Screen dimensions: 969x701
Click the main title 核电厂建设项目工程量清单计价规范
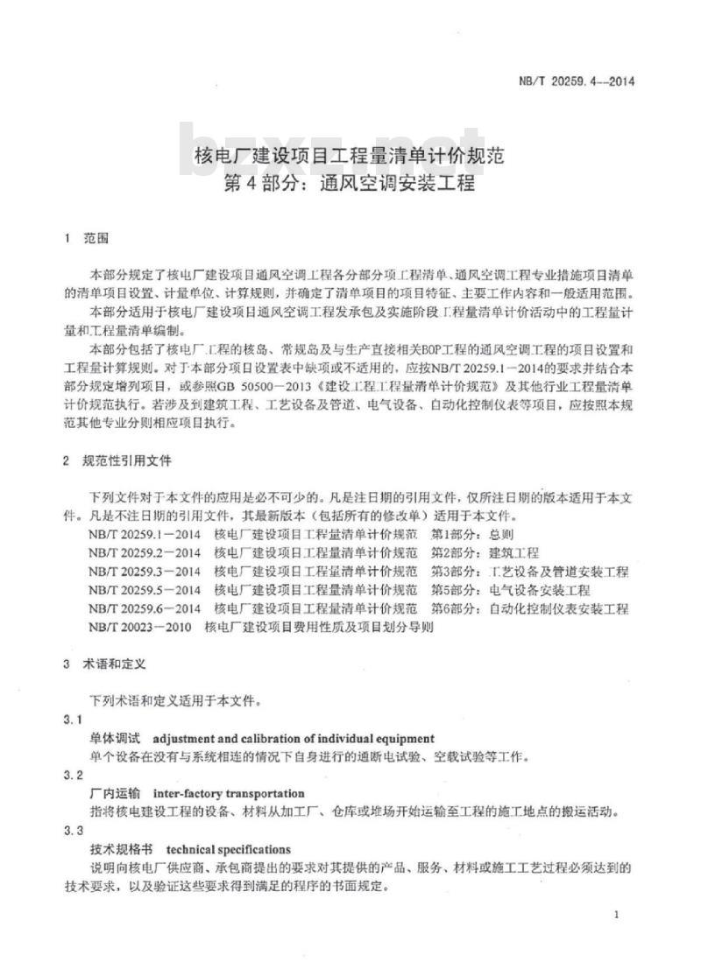(x=349, y=158)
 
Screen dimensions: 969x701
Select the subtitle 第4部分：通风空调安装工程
(x=350, y=185)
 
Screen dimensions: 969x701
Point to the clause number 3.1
(x=73, y=720)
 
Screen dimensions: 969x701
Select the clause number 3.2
(x=73, y=776)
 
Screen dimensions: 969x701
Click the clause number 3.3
(x=73, y=831)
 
